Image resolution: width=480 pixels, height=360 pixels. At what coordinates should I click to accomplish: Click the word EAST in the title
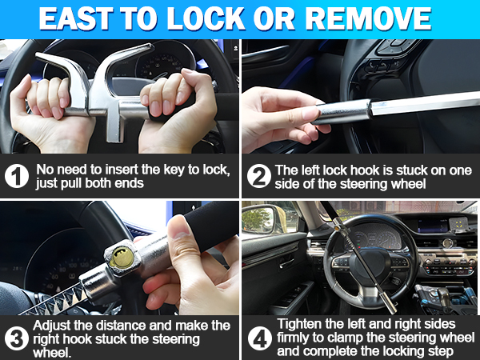tap(87, 20)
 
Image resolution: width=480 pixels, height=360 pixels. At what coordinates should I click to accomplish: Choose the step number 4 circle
tap(258, 337)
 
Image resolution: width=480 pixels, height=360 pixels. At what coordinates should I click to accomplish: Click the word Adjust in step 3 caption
tap(54, 325)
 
